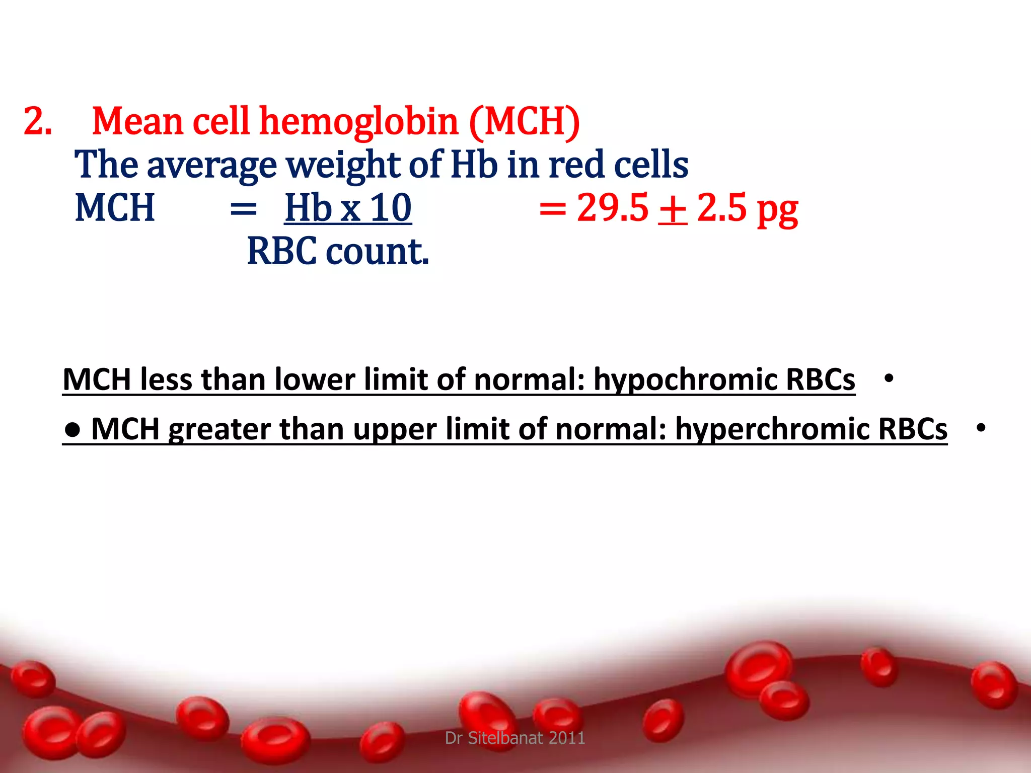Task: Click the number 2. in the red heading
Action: pyautogui.click(x=38, y=122)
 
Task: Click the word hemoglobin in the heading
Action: pyautogui.click(x=358, y=122)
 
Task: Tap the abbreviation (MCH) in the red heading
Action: pyautogui.click(x=525, y=122)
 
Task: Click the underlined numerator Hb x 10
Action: pyautogui.click(x=348, y=208)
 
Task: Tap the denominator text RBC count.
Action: pyautogui.click(x=338, y=251)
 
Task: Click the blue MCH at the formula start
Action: pyautogui.click(x=114, y=208)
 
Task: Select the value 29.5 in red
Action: pyautogui.click(x=612, y=208)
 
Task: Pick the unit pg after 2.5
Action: pyautogui.click(x=777, y=210)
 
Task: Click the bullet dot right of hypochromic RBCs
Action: pyautogui.click(x=889, y=378)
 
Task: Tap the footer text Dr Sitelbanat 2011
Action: pyautogui.click(x=515, y=738)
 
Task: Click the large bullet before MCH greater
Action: pyautogui.click(x=73, y=429)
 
